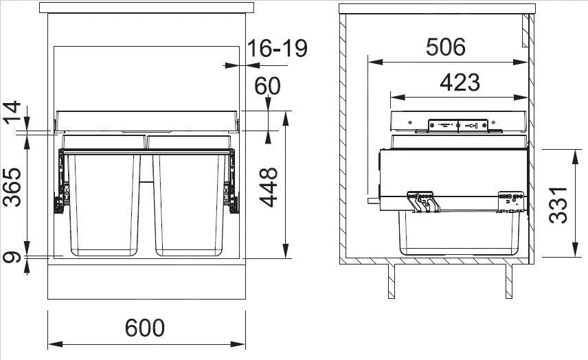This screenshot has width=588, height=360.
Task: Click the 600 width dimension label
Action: point(145,328)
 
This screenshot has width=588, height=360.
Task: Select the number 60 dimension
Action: point(268,87)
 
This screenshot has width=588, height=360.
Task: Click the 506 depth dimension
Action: point(445,47)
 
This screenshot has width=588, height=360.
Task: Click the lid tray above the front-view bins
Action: point(146,120)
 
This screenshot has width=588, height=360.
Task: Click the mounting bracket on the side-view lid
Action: point(457,125)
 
